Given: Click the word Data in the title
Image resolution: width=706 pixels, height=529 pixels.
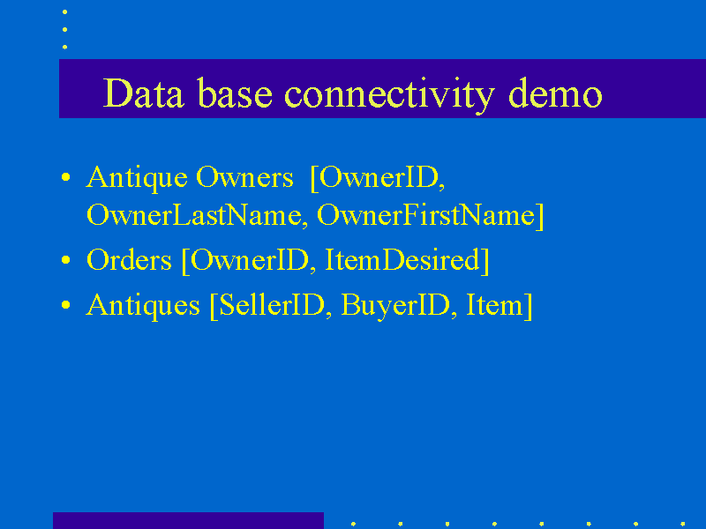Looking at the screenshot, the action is point(143,93).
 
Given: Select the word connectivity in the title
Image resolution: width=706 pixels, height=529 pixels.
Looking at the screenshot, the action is point(389,95).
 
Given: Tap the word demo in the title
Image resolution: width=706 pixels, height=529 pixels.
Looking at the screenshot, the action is point(555,93).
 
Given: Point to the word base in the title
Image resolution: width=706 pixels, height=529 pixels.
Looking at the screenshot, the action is point(235,93).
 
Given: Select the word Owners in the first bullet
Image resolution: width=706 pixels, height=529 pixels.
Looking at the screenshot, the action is point(245,177).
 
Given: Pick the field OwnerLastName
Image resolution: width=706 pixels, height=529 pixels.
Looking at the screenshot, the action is point(194,215).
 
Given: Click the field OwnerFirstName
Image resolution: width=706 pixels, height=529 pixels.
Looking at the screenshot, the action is point(425,215).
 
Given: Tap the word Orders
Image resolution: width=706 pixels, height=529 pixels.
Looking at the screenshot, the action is point(129,259).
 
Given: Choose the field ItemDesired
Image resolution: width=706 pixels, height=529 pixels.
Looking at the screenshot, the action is point(402,259).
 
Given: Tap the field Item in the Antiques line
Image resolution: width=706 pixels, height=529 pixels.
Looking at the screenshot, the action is point(494,305).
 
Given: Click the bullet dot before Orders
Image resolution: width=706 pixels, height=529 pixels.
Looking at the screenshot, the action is point(66,259).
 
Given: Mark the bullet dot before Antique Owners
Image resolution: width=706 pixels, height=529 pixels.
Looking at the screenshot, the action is point(66,177).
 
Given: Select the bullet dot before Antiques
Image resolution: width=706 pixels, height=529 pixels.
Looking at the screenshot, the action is point(66,305).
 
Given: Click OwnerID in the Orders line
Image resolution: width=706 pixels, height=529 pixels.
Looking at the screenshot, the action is point(250,259).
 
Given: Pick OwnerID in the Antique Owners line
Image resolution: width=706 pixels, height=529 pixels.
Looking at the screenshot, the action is point(379,177).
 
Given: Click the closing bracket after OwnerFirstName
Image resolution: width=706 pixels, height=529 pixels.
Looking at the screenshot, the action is point(539,216).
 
